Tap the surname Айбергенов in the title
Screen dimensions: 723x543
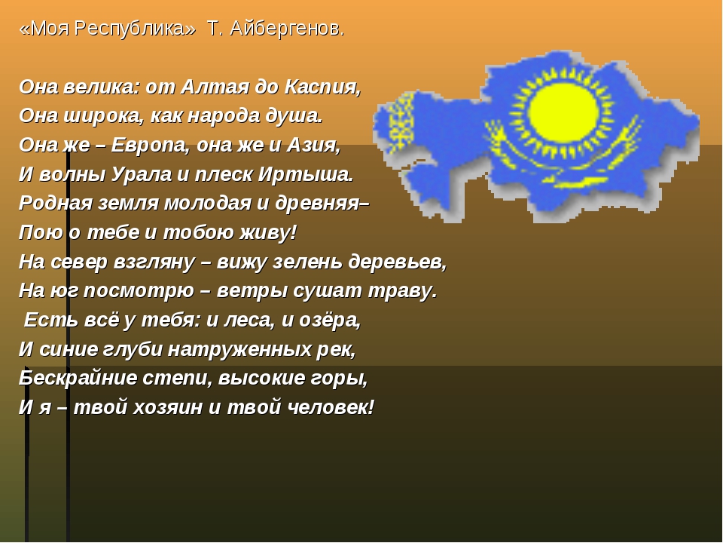287,29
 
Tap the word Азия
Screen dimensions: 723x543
313,146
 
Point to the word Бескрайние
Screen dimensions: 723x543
78,378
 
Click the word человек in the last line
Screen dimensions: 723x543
330,407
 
